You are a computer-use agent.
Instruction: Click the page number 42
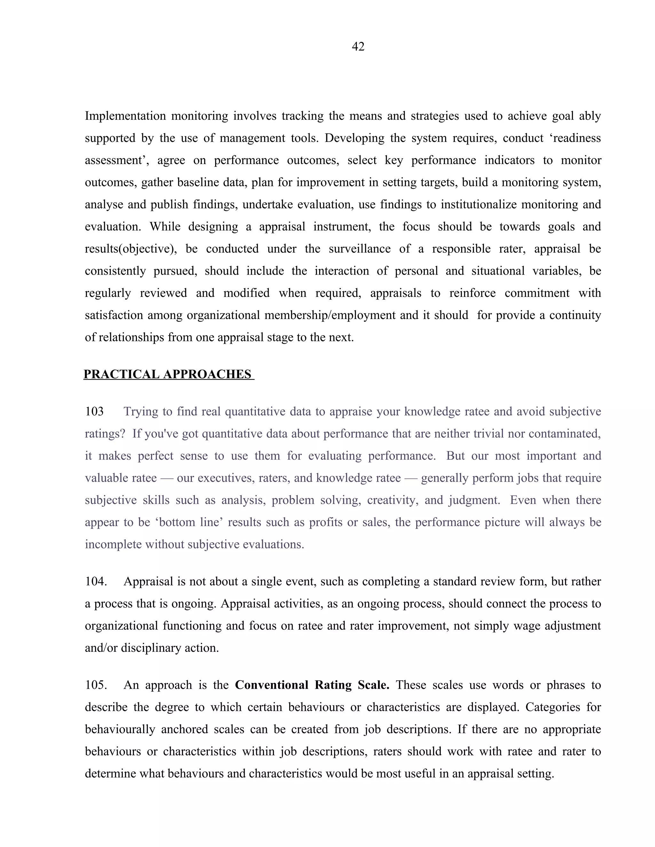358,47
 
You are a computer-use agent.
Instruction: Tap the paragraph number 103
94,411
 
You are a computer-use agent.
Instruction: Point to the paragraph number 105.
95,685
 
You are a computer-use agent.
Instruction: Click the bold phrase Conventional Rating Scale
312,685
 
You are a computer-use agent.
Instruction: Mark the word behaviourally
119,729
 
